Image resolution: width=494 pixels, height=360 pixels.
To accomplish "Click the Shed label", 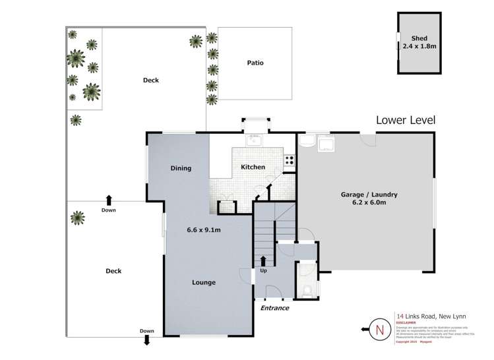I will click(x=419, y=38).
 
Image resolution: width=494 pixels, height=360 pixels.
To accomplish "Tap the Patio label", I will click(x=255, y=63).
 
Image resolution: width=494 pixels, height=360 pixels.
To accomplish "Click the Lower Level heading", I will click(x=405, y=120).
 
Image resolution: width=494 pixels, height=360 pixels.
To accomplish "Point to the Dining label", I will click(x=181, y=168).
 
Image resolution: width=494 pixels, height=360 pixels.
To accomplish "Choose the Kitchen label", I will click(x=253, y=167).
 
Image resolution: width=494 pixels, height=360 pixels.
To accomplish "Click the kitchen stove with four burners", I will click(x=289, y=160).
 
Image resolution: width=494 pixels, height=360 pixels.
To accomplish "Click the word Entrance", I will click(x=274, y=308).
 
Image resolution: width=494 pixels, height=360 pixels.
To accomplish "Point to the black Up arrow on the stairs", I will click(x=263, y=261).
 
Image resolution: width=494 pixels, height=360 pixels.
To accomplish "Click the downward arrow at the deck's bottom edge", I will click(x=147, y=341).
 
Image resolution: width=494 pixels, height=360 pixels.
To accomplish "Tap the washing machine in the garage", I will click(x=326, y=143).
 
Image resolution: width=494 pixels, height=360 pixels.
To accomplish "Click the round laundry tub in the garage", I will click(x=307, y=142).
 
